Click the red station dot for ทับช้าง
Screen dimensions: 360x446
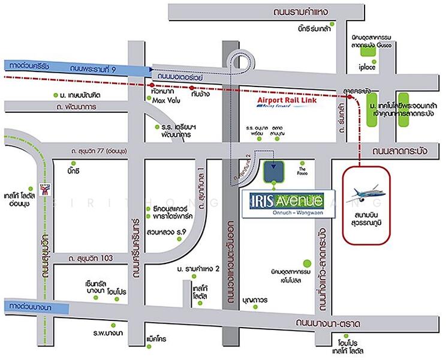[x=192, y=87]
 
